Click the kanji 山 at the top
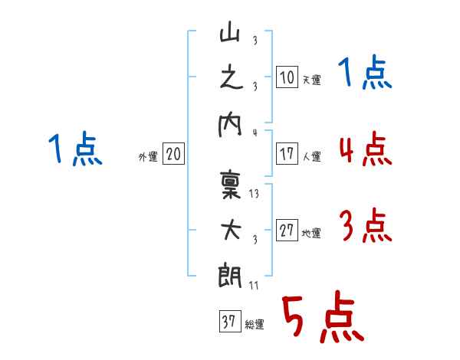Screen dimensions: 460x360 tap(230, 31)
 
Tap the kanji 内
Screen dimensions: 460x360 tap(230, 125)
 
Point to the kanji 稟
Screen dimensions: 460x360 tap(231, 185)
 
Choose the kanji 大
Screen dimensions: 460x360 tap(231, 231)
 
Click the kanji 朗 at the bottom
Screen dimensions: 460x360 tap(230, 275)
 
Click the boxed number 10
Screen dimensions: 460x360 tap(287, 77)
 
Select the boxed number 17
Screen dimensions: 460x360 tap(287, 154)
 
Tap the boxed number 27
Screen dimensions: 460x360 tap(287, 230)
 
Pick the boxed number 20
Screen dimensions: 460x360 tap(173, 154)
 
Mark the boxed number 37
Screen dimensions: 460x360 tap(230, 321)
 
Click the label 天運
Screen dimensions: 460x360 tap(311, 80)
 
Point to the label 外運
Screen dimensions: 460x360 tap(148, 156)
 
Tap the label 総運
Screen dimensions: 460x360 tap(255, 324)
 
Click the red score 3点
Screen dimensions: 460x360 tap(366, 225)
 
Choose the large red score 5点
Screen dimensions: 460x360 tap(324, 316)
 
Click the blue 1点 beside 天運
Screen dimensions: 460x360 tap(365, 72)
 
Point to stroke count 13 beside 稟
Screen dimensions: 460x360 tap(254, 194)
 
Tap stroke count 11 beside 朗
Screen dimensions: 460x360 tap(254, 285)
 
